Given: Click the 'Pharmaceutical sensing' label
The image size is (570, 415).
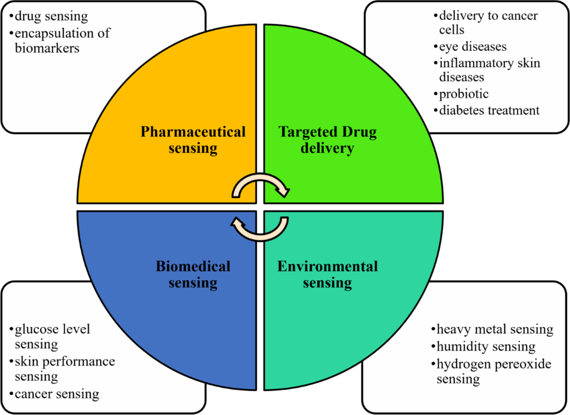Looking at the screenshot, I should [193, 140].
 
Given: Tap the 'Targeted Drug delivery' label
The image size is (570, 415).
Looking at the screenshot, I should [327, 140].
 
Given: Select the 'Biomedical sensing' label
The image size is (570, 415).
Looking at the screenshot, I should [193, 274].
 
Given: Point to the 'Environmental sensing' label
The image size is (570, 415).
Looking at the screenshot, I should [327, 274].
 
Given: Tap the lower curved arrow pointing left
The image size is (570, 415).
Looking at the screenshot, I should [261, 228].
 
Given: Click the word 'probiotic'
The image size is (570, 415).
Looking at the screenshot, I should [464, 94].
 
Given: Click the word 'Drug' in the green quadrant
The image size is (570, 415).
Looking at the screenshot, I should [357, 132].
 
